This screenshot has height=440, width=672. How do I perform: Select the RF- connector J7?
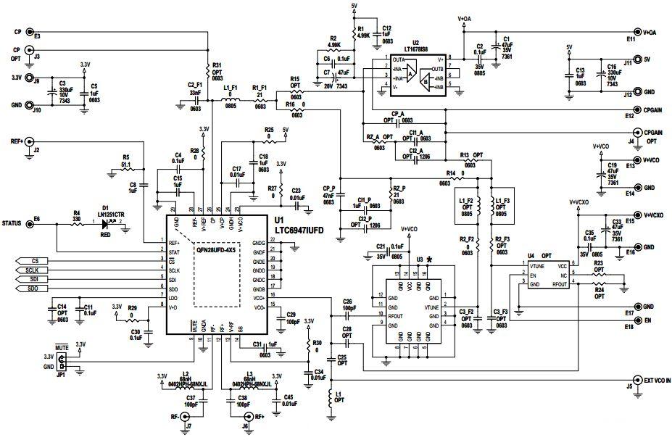[x=186, y=417]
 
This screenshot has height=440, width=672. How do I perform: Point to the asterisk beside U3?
[x=431, y=259]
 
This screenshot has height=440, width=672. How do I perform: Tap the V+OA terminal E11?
[x=636, y=32]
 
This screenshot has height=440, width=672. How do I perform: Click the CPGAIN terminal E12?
[x=636, y=109]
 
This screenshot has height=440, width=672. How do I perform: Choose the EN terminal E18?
[x=636, y=320]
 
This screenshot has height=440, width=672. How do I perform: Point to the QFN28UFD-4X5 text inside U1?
[x=216, y=250]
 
